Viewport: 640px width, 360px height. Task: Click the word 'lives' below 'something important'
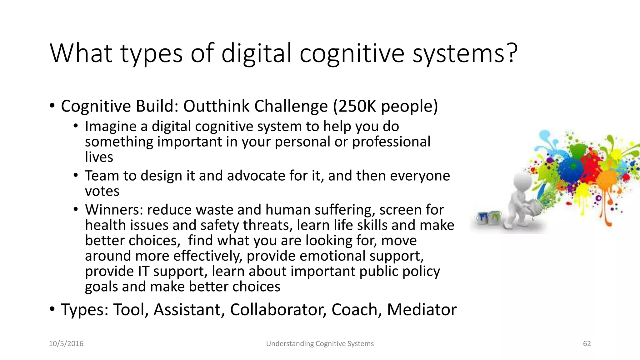(99, 157)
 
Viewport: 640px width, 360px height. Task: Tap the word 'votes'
(102, 191)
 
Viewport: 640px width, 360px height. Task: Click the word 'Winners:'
(114, 210)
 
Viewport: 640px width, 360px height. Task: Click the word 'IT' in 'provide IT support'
(143, 271)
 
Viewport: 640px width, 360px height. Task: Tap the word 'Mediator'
(422, 310)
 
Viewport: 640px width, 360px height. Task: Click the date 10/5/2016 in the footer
(66, 344)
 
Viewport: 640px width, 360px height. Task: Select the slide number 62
(587, 344)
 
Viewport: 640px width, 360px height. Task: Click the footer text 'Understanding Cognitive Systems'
(320, 344)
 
